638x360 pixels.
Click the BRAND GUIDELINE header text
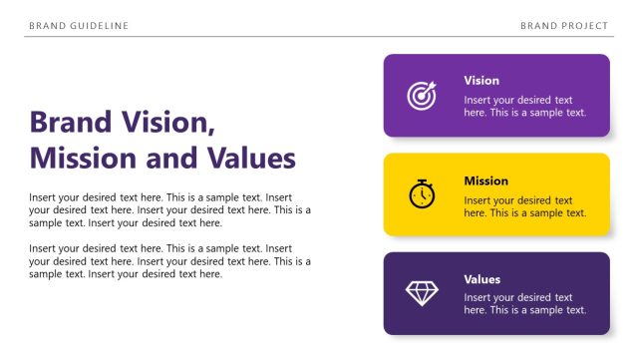tap(79, 25)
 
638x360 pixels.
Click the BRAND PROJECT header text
tap(564, 25)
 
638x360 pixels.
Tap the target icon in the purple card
tap(422, 96)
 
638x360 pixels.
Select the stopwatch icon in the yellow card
tap(422, 193)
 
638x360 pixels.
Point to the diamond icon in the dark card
tap(422, 292)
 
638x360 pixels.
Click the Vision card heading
tap(481, 81)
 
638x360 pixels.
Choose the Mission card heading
tap(485, 181)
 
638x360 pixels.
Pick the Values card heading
tap(482, 279)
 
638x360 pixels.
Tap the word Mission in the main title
tap(83, 159)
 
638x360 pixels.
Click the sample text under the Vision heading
tap(524, 107)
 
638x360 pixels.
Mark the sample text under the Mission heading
tap(524, 207)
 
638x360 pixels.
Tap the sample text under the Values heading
tap(524, 304)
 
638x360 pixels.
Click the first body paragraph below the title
tap(169, 210)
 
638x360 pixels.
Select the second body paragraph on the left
tap(169, 261)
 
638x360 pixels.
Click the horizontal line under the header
tap(319, 37)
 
